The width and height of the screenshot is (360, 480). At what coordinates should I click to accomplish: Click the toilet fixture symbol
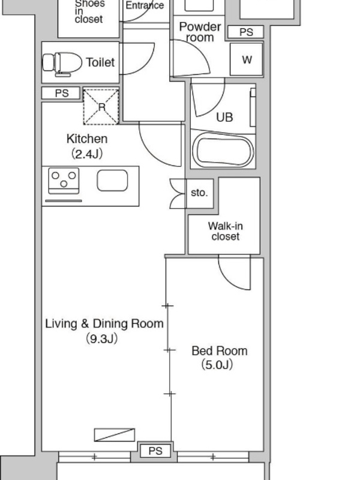coord(62,64)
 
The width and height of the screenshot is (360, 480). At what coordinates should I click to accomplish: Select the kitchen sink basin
coord(112,181)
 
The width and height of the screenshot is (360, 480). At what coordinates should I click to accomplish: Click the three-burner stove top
coord(64,181)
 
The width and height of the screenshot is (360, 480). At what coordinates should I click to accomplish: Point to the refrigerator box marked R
coord(101,107)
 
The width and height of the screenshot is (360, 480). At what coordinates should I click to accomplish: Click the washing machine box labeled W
coord(247,59)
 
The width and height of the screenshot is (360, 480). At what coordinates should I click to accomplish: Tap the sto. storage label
coord(199,193)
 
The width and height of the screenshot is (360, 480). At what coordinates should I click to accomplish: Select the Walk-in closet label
coord(226,231)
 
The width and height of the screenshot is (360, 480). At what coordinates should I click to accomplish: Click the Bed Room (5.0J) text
coord(219,358)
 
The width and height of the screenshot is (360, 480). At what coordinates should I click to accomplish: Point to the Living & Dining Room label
coord(104,323)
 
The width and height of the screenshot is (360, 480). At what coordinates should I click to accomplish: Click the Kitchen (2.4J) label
coord(87,146)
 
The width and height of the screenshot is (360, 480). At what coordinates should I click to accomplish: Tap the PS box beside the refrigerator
coord(61,93)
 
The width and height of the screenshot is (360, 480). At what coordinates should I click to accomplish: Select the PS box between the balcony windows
coord(155,451)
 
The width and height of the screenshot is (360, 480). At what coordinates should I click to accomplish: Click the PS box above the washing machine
coord(246,32)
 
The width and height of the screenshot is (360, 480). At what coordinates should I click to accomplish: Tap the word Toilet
coord(100,62)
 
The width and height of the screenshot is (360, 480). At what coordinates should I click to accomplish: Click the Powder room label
coord(200,32)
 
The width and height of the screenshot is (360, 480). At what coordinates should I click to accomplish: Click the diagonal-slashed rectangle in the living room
coord(115,434)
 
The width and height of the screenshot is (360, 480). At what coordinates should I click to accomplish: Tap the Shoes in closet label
coord(89,11)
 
